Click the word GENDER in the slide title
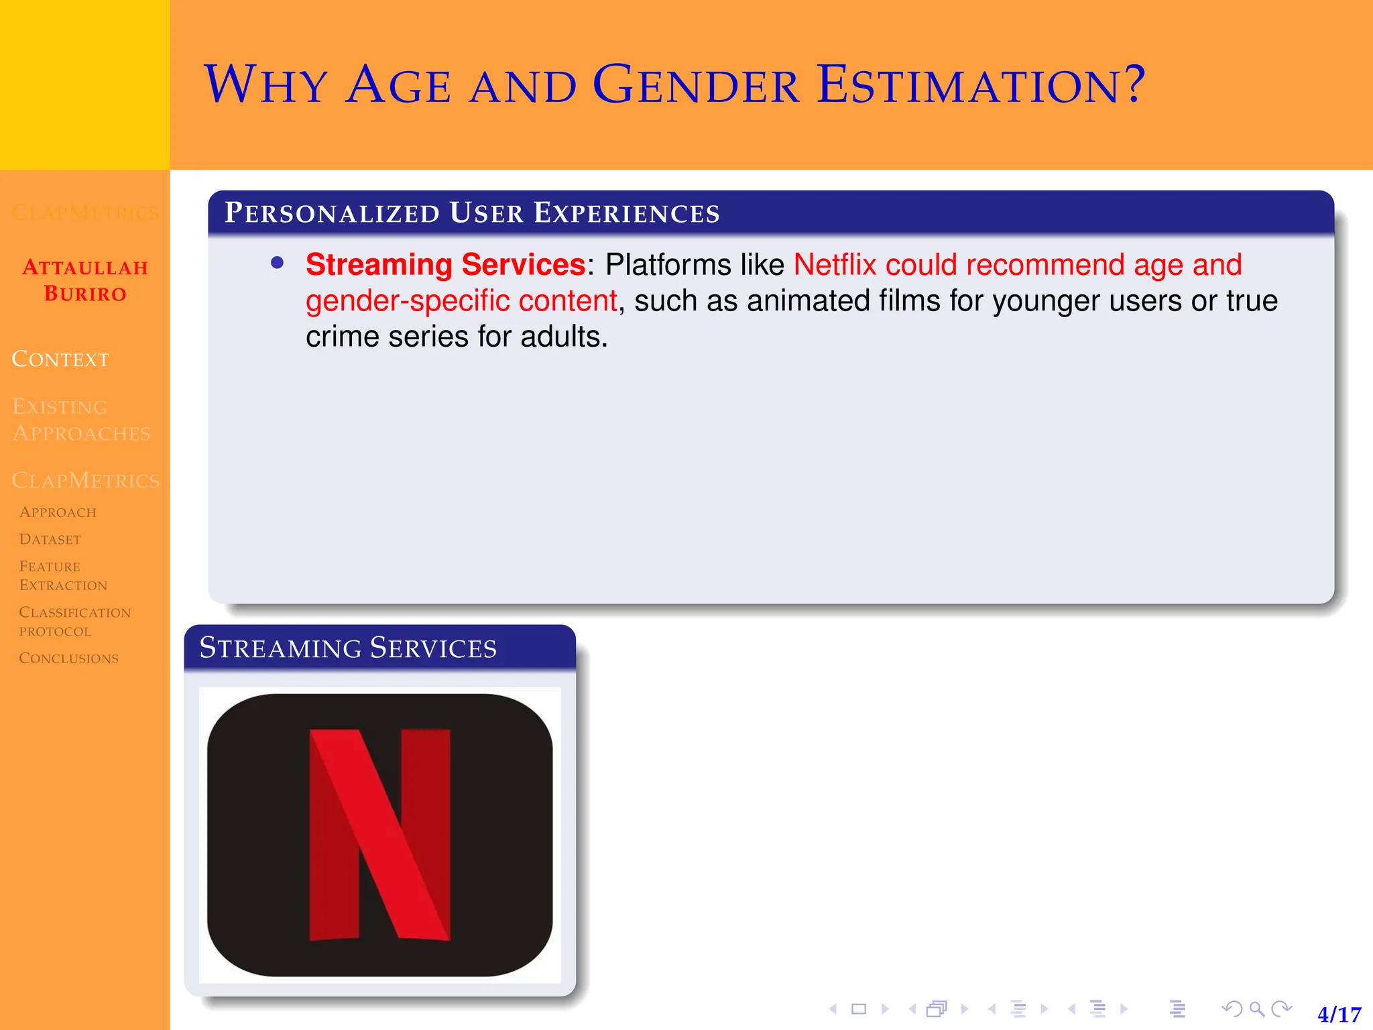[695, 86]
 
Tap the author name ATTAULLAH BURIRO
[85, 280]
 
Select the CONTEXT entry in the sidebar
[60, 359]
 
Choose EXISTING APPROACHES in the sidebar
[81, 420]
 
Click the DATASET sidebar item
[50, 540]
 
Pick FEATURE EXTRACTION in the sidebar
[63, 576]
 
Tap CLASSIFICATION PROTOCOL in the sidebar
[74, 622]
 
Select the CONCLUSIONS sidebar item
[68, 659]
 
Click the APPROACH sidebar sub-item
[58, 512]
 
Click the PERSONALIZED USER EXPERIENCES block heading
[472, 213]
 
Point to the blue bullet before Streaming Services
[277, 263]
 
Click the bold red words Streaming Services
[445, 265]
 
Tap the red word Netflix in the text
[835, 265]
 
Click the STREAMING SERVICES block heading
[348, 648]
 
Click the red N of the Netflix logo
[379, 835]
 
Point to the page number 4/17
[1339, 1014]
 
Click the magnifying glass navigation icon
[1257, 1009]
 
